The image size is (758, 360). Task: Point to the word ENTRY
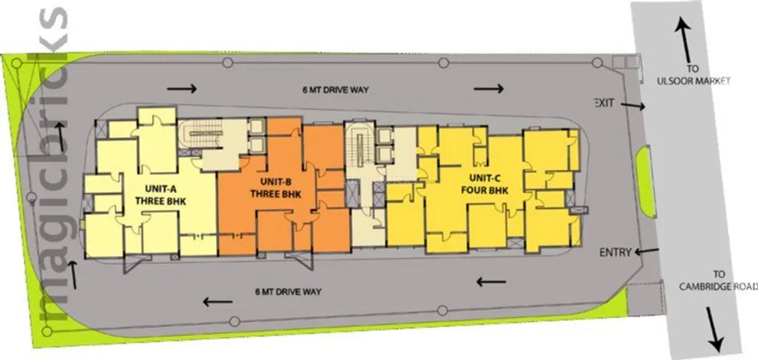coord(616,252)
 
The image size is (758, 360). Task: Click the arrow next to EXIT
coord(632,105)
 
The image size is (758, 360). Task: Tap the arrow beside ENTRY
coord(647,251)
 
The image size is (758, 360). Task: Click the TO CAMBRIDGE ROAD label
coord(717,282)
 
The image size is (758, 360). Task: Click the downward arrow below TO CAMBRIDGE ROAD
coord(714,329)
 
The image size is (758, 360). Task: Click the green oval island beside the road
coord(645,182)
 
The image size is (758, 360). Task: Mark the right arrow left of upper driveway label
coord(181,89)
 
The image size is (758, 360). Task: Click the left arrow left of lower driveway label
coord(217,302)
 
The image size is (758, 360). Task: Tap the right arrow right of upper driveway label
coord(488,89)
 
